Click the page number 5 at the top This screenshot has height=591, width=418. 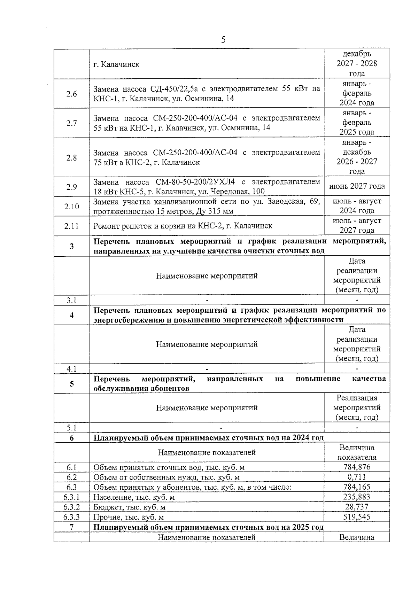point(223,40)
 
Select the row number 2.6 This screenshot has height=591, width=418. point(71,94)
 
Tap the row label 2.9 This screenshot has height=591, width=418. point(71,187)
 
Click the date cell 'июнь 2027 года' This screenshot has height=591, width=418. point(357,186)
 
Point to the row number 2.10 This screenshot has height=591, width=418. point(71,207)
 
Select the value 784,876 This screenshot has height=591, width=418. point(357,467)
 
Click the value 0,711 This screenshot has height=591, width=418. point(357,477)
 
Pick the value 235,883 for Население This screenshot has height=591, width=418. point(357,497)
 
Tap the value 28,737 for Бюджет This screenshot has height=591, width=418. point(357,507)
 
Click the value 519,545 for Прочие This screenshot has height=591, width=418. point(357,517)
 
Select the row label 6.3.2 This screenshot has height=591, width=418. point(71,507)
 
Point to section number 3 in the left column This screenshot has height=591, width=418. point(71,246)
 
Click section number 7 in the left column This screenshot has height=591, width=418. point(71,527)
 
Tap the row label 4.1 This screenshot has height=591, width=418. point(71,369)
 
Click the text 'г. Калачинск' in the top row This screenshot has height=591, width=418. point(116,64)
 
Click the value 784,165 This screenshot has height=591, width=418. point(357,487)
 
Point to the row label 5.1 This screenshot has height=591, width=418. point(71,428)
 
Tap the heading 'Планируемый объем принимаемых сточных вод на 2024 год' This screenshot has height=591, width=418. point(208,438)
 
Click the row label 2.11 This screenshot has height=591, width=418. point(71,226)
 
